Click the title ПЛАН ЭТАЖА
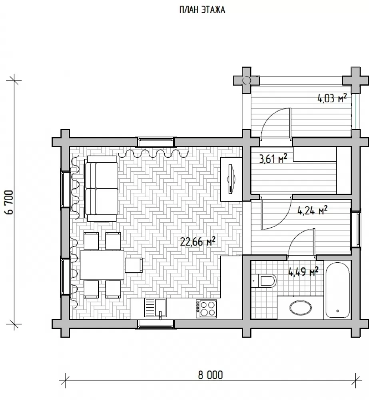pyautogui.click(x=202, y=10)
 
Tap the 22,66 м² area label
pyautogui.click(x=197, y=241)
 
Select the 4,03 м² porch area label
pyautogui.click(x=332, y=98)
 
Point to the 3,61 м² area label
pyautogui.click(x=273, y=159)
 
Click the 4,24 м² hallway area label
pyautogui.click(x=312, y=210)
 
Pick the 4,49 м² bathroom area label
pyautogui.click(x=303, y=272)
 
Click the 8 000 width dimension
pyautogui.click(x=210, y=375)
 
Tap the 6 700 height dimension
pyautogui.click(x=9, y=202)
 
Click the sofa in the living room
pyautogui.click(x=102, y=188)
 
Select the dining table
pyautogui.click(x=102, y=265)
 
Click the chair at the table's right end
pyautogui.click(x=134, y=265)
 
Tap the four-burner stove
pyautogui.click(x=206, y=309)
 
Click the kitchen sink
pyautogui.click(x=155, y=308)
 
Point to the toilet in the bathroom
pyautogui.click(x=264, y=281)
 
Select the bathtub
pyautogui.click(x=337, y=290)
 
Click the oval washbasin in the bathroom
pyautogui.click(x=300, y=308)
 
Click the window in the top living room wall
pyautogui.click(x=156, y=142)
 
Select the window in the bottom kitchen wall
pyautogui.click(x=156, y=324)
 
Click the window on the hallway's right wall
pyautogui.click(x=356, y=229)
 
